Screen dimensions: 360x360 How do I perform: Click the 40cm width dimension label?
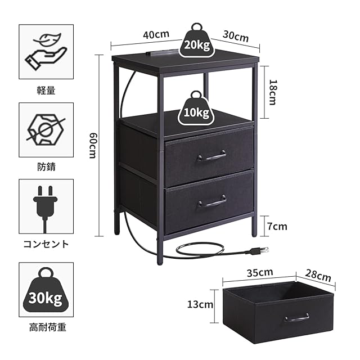156,34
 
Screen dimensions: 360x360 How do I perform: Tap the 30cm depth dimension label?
236,36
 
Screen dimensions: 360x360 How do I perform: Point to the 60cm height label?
93,146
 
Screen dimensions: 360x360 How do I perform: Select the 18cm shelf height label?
272,92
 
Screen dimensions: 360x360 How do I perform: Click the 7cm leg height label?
277,227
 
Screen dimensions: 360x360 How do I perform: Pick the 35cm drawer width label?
260,272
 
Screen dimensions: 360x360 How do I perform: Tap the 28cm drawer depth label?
318,275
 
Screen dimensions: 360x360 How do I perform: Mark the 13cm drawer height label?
200,305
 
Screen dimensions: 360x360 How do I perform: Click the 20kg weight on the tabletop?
197,41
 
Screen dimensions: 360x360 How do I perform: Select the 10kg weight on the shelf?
196,109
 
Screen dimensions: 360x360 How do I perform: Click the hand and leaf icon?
46,51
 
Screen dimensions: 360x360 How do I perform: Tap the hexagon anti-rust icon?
46,129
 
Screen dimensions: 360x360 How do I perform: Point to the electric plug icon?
46,206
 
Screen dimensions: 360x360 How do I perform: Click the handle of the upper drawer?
211,156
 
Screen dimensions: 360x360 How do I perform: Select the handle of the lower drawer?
212,201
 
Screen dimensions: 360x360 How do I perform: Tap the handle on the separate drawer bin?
296,317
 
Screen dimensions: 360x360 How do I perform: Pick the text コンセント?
46,244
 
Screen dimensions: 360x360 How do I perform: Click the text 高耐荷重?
47,327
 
